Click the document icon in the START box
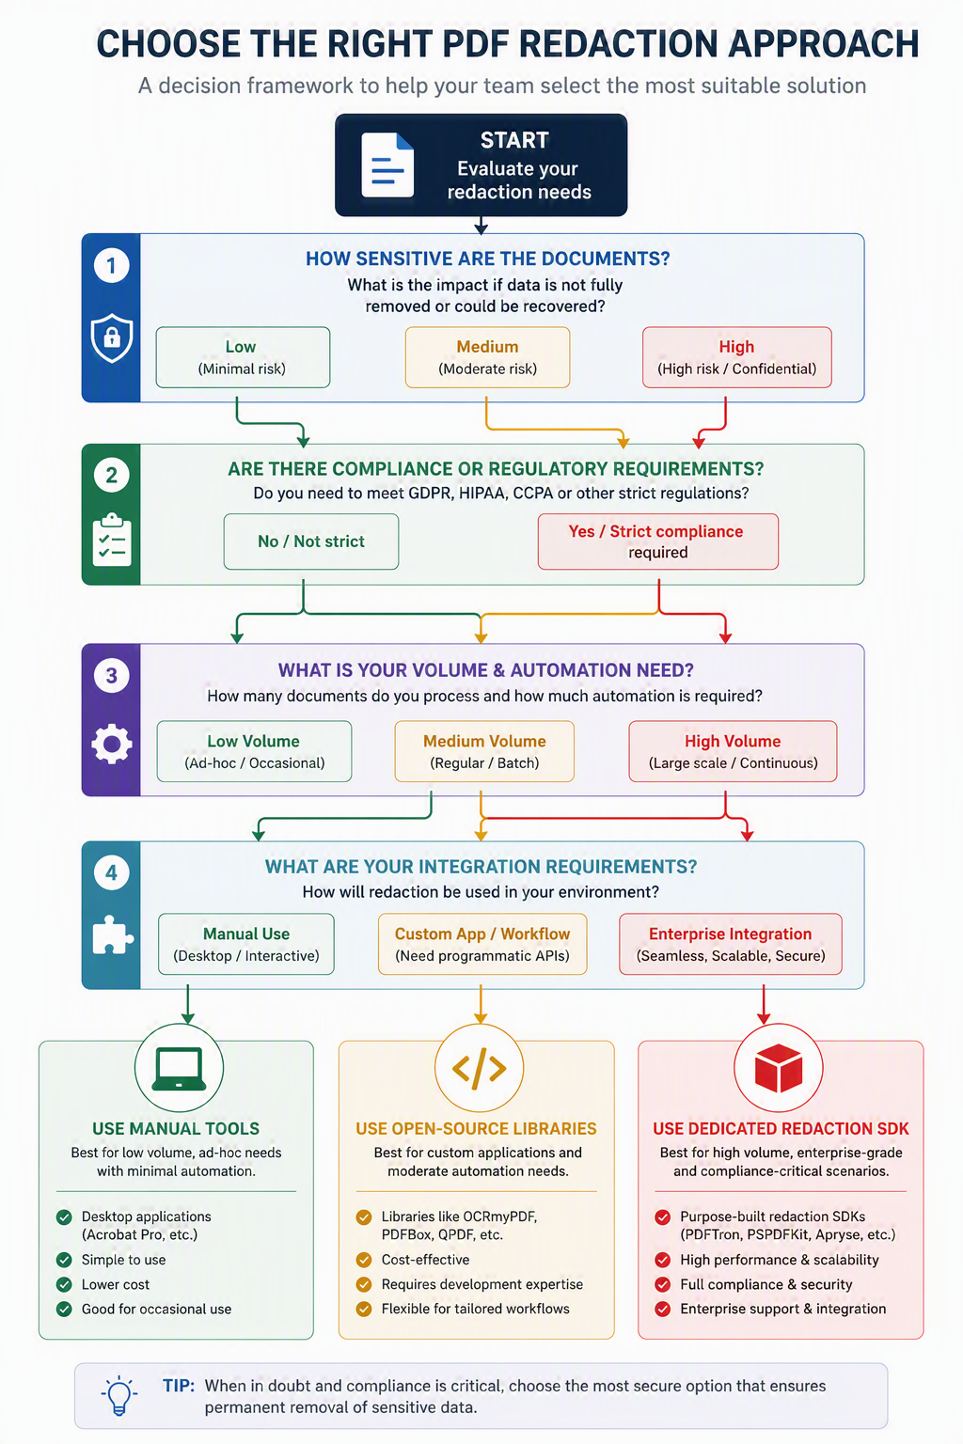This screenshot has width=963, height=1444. (387, 165)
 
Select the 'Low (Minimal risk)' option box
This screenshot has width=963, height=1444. (243, 357)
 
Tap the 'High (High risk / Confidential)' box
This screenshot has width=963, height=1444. (736, 357)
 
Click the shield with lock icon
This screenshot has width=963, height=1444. (112, 337)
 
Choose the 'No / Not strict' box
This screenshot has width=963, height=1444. (311, 541)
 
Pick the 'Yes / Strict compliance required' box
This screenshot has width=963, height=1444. (658, 541)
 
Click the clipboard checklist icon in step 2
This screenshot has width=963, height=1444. (112, 540)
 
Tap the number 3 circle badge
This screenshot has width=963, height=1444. (112, 676)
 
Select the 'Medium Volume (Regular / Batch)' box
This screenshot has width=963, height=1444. (484, 752)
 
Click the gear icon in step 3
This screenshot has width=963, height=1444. (112, 744)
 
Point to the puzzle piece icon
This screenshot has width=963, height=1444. (112, 934)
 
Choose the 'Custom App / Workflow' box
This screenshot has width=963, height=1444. (482, 944)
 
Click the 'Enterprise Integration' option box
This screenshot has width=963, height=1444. (730, 944)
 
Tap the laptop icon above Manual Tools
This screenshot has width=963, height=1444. (179, 1069)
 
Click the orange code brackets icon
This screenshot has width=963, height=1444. (480, 1068)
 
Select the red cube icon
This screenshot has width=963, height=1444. (779, 1068)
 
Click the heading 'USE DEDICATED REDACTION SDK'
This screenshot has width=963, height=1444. (781, 1129)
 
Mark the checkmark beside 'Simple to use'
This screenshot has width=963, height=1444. (64, 1260)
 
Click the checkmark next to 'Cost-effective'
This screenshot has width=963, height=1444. (364, 1260)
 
